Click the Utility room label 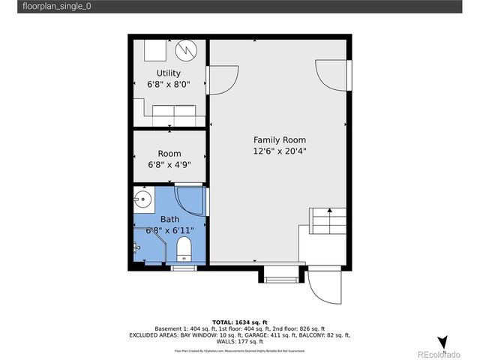168,73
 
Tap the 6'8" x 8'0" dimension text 168,85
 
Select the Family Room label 279,140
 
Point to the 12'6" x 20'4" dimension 279,151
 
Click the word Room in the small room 169,154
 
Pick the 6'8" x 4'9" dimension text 169,165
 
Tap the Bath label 169,219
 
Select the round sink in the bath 144,200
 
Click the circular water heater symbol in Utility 186,50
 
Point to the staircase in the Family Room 328,222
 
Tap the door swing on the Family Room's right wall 332,75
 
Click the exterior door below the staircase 325,283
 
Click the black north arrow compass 442,342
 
